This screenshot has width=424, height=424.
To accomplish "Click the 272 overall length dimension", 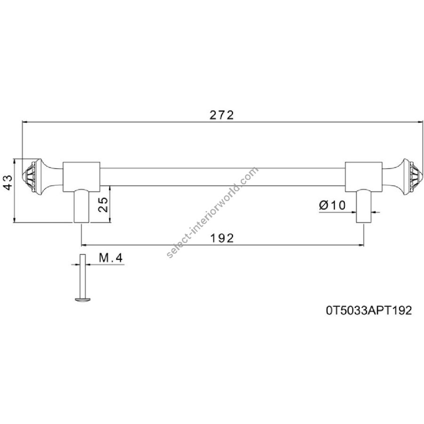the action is [221, 115].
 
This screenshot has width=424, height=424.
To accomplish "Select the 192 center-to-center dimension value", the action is [222, 238].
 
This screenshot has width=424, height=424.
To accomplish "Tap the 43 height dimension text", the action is [8, 182].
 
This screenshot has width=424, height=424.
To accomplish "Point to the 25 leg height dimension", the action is [103, 204].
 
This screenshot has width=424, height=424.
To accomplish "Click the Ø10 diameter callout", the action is [332, 205].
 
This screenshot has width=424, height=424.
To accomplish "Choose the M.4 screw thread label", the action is [111, 258].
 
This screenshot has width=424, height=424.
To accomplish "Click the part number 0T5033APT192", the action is [369, 310].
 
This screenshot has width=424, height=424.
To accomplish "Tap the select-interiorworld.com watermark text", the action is [213, 212].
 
